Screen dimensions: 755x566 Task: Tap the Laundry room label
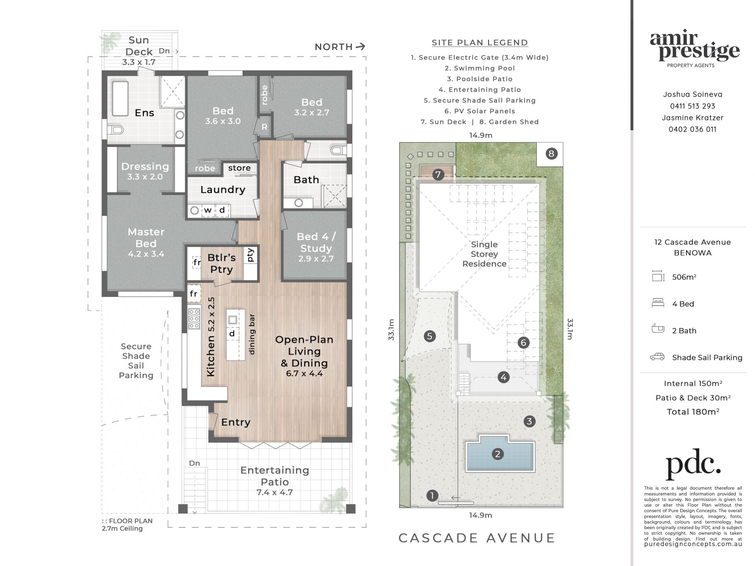(223, 190)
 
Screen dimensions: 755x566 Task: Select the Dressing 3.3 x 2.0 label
(145, 171)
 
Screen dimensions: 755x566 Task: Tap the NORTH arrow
(360, 46)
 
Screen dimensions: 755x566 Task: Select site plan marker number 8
(551, 153)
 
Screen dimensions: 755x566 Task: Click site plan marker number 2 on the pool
(497, 454)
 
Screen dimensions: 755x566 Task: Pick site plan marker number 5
(429, 336)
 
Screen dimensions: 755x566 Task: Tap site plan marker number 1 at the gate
(432, 496)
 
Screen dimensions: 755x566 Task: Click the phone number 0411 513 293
(693, 106)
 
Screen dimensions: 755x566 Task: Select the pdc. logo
(693, 465)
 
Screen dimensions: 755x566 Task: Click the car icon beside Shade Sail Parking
(657, 357)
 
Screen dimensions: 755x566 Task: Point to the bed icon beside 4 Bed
(658, 303)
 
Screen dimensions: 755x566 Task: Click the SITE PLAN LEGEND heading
(480, 42)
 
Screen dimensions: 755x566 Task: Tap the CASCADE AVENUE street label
(477, 538)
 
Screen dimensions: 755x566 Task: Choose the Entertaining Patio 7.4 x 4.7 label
(274, 481)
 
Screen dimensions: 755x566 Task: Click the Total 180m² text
(693, 412)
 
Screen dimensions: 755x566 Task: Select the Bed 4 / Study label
(316, 247)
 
